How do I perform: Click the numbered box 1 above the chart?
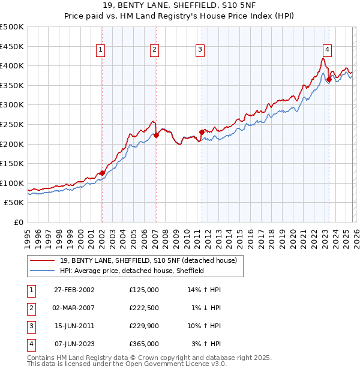coord(100,50)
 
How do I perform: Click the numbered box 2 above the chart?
coord(154,50)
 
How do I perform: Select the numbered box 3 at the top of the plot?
coord(200,50)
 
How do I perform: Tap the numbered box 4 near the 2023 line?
coord(327,50)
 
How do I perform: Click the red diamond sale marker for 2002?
coord(102,173)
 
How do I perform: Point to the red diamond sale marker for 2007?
coord(156,135)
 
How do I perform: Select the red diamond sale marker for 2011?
coord(202,132)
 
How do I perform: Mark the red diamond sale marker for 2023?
coord(329,79)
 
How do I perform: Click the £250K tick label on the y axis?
coord(12,124)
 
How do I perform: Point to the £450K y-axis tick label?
coord(12,46)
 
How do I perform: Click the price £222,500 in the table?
coord(144,308)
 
